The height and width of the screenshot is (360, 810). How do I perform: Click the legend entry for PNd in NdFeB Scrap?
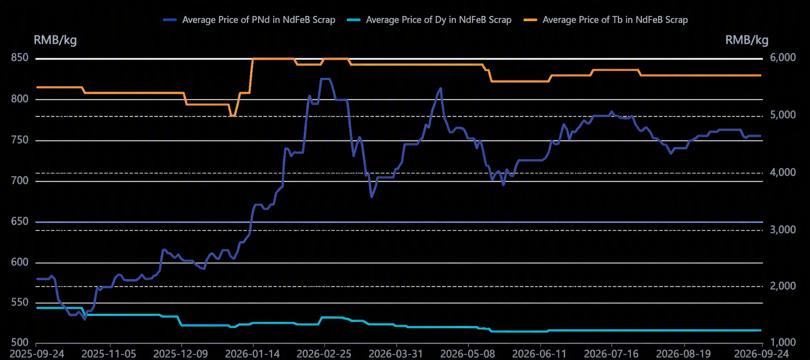249,20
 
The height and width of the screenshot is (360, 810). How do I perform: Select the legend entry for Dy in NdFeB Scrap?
429,20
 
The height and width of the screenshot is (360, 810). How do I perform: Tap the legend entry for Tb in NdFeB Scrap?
605,20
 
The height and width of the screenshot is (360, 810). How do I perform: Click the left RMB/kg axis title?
55,40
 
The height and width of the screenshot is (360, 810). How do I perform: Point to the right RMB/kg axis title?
747,40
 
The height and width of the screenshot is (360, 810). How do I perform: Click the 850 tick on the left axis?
20,58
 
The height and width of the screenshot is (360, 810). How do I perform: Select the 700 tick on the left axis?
20,180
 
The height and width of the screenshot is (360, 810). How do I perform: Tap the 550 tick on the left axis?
20,303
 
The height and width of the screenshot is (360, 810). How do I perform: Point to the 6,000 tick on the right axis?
782,58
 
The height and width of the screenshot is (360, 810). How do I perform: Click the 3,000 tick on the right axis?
782,230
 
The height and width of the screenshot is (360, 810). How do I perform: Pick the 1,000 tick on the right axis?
782,342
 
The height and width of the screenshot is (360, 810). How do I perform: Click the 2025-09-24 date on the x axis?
37,354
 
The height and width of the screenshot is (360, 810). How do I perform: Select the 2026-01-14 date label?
253,354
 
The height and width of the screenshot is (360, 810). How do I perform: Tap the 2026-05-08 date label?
468,354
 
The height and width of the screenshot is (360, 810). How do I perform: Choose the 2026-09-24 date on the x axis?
762,354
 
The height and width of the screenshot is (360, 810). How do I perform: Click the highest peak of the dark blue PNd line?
325,79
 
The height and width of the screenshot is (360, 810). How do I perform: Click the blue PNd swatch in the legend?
170,20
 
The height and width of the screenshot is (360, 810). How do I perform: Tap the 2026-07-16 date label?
611,354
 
